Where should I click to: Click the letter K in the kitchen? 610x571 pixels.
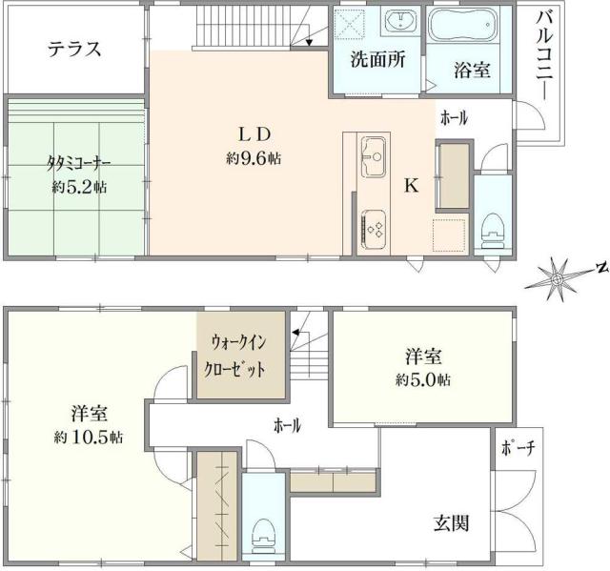tap(411, 187)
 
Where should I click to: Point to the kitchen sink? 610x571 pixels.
tap(374, 152)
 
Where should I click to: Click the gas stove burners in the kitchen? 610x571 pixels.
tap(373, 228)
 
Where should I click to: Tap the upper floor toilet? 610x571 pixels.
tap(492, 224)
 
